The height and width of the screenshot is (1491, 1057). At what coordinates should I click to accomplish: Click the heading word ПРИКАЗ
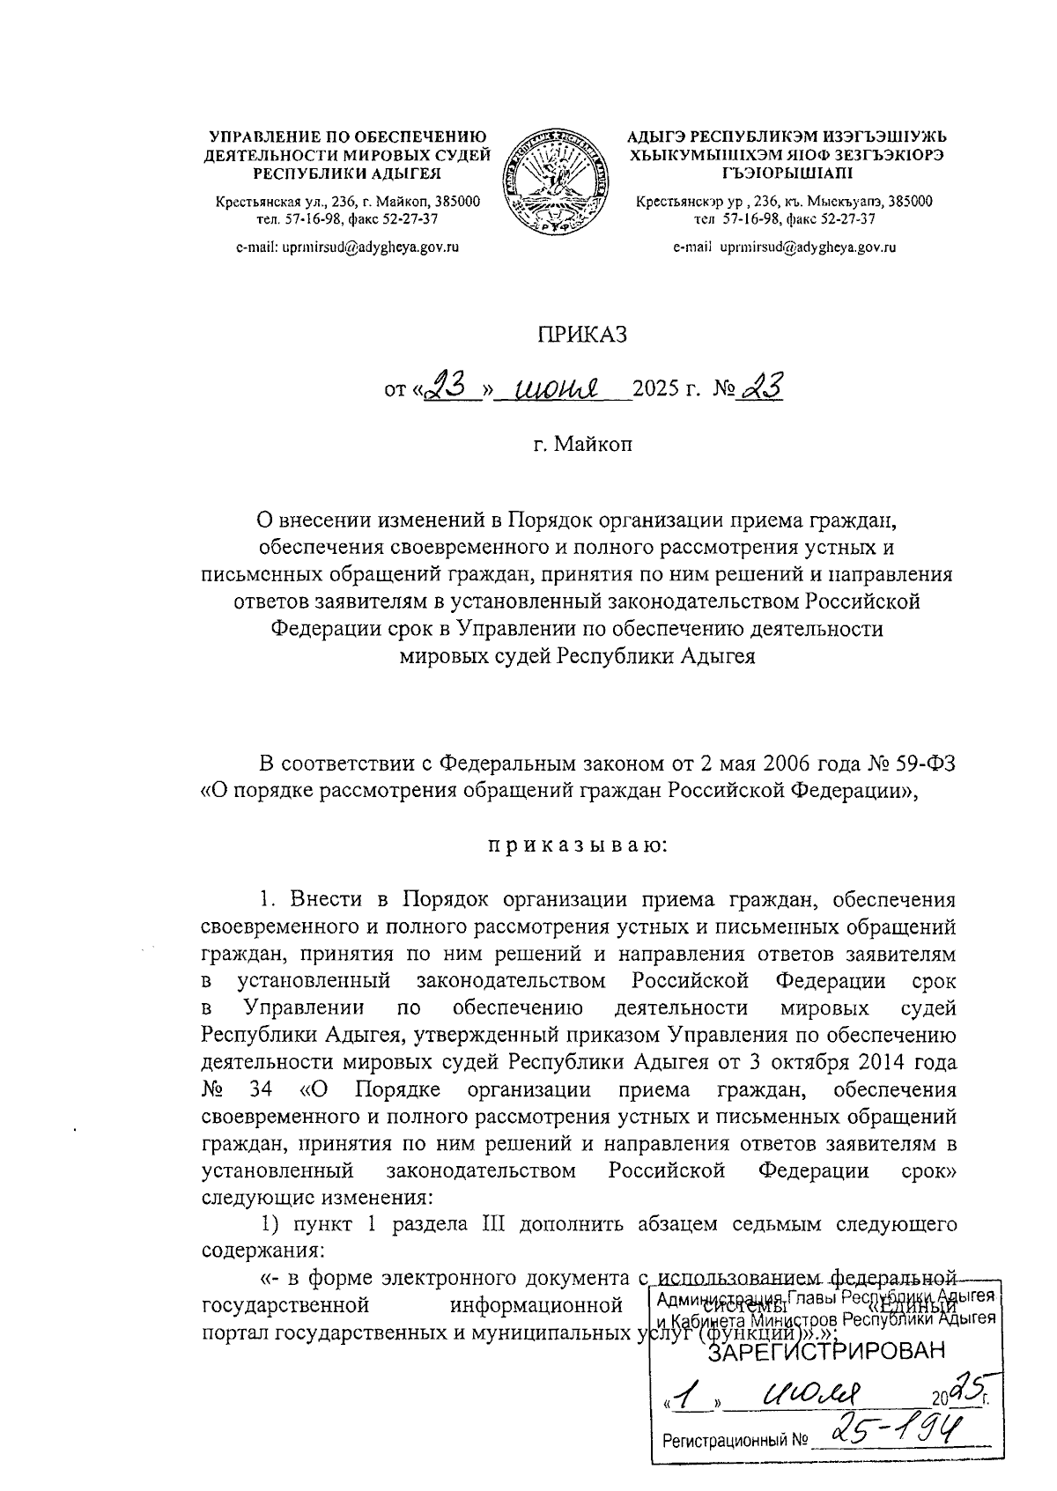581,336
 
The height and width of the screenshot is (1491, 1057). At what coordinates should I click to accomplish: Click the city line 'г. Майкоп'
581,445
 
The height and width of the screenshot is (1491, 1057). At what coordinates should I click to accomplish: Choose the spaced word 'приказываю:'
579,847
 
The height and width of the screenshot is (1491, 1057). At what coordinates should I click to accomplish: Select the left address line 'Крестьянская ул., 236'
348,202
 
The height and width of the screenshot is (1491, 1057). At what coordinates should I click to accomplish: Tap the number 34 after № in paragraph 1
261,1089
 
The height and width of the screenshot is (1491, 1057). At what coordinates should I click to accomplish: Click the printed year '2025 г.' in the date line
664,388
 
